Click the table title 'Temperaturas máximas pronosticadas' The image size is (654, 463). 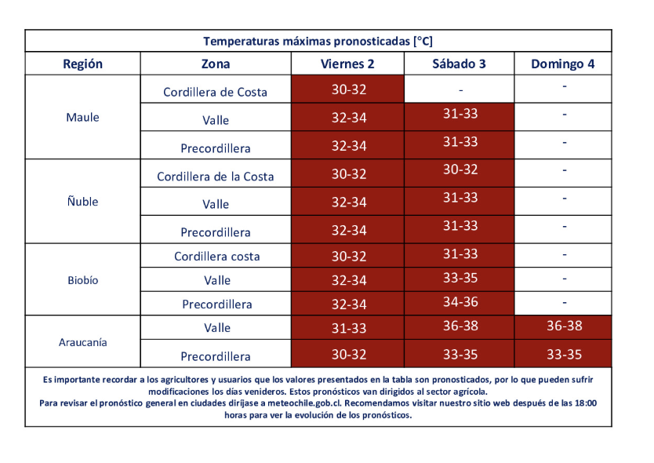(x=318, y=41)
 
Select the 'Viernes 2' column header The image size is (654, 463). (x=347, y=64)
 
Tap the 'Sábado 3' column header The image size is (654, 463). (x=459, y=64)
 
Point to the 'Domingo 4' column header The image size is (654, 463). (x=562, y=64)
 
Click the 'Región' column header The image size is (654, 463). (x=82, y=64)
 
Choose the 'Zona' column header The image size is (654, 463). (x=216, y=64)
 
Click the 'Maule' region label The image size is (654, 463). (x=82, y=118)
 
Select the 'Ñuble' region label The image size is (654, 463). (x=82, y=202)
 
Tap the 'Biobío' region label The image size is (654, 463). (x=82, y=280)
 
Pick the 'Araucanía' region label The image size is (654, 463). (x=82, y=342)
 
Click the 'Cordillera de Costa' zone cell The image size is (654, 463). (x=215, y=92)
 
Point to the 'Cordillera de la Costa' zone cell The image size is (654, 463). (x=216, y=177)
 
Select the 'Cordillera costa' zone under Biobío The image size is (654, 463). (x=216, y=257)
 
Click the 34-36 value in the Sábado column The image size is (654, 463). (x=460, y=302)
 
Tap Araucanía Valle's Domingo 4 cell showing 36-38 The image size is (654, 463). (x=564, y=326)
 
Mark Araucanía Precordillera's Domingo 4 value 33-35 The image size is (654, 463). (x=564, y=354)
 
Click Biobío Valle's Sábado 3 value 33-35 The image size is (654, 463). (x=460, y=279)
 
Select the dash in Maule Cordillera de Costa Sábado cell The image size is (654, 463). (x=460, y=89)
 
